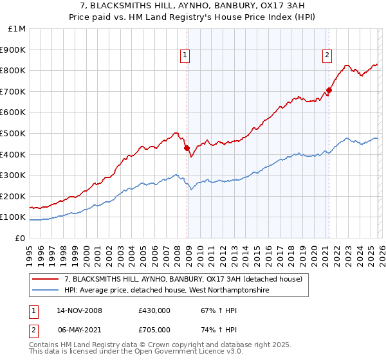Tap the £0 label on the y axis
tap(21, 238)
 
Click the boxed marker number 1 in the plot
tap(185, 56)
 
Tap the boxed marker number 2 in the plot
tap(327, 56)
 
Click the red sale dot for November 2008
tap(187, 148)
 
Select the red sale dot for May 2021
tap(329, 91)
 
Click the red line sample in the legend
tap(46, 279)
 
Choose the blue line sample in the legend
tap(46, 291)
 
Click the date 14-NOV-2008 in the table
tap(79, 310)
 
